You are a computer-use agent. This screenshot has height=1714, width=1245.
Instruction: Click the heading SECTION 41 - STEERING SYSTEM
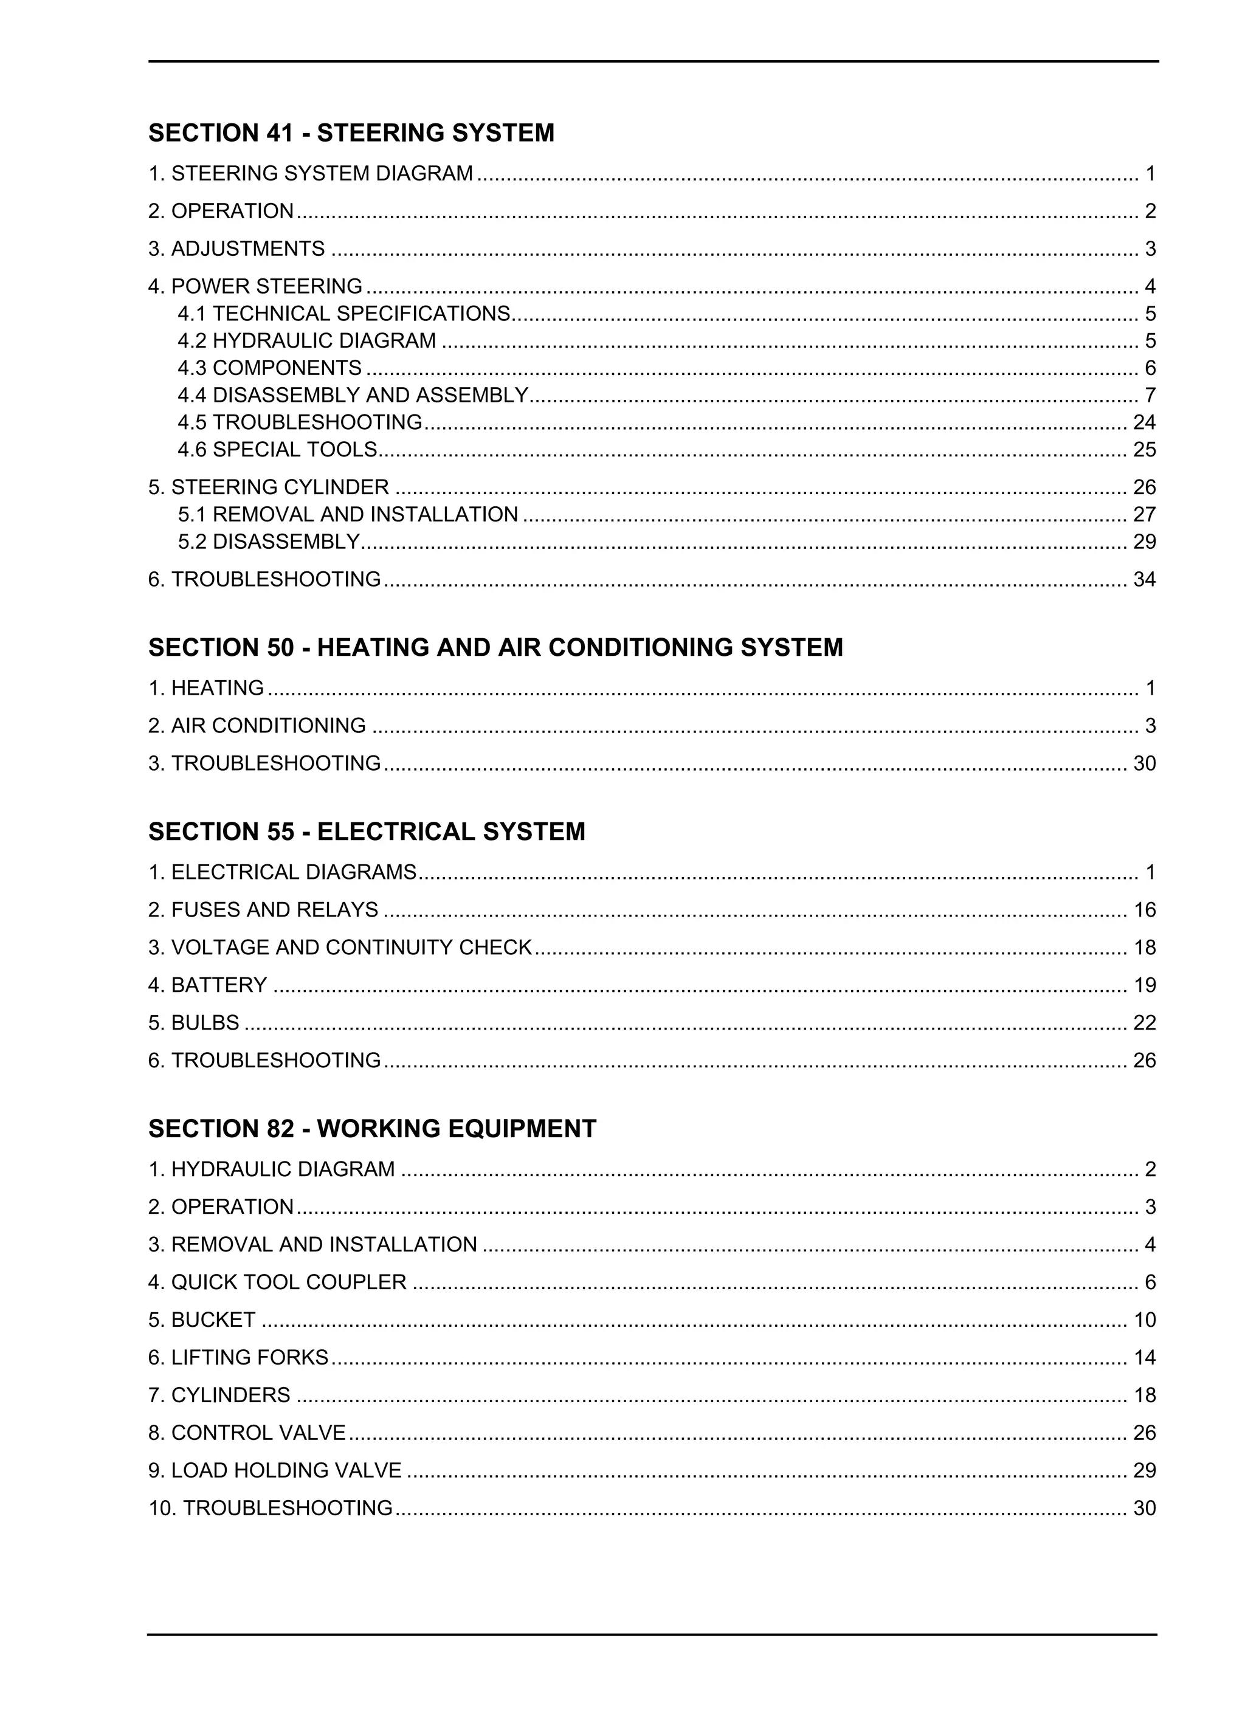tap(351, 133)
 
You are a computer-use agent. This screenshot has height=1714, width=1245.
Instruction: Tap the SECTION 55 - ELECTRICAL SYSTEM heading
tap(367, 832)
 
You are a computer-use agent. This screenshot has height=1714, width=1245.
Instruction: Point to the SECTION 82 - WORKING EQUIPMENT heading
tap(372, 1129)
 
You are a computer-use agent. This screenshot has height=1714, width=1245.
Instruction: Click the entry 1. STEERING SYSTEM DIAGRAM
tap(310, 174)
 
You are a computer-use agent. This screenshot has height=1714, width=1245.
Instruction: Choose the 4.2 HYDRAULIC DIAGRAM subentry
tap(307, 341)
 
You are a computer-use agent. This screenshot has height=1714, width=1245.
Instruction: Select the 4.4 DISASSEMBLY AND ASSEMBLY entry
tap(352, 395)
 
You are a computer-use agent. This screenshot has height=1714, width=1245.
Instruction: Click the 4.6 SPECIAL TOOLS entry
tap(277, 450)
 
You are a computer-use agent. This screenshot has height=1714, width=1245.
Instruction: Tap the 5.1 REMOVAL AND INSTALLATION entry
tap(348, 515)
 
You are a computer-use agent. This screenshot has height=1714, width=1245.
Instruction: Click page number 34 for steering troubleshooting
tap(1143, 580)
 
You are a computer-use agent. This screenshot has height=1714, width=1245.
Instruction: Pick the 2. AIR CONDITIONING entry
tap(257, 726)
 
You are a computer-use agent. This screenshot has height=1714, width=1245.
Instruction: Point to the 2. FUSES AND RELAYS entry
tap(263, 910)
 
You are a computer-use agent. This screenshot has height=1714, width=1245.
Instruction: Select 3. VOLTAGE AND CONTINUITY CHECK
tap(340, 948)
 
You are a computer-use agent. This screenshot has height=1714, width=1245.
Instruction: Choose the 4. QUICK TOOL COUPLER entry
tap(277, 1282)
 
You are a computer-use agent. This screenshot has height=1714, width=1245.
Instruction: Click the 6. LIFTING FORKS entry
tap(238, 1358)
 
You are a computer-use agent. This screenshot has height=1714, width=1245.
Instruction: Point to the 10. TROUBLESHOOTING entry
tap(270, 1509)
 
